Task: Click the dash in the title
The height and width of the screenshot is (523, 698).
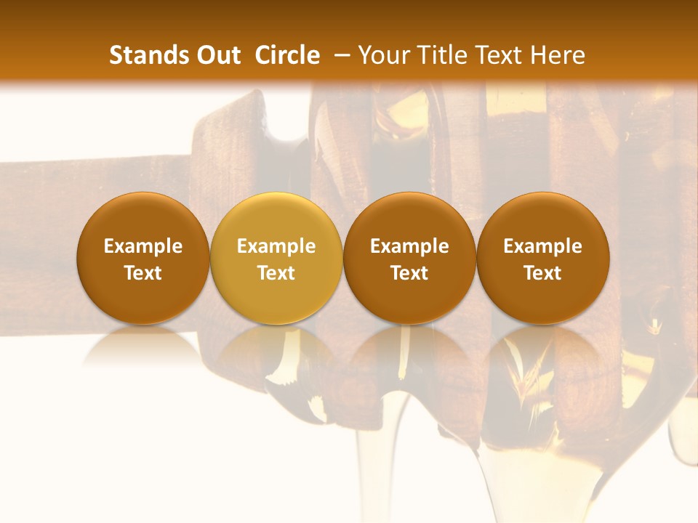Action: (x=339, y=56)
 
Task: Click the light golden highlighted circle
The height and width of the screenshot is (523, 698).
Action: (x=276, y=259)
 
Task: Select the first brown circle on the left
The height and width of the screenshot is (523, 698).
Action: (x=143, y=259)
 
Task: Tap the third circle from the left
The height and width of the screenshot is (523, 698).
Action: (x=409, y=259)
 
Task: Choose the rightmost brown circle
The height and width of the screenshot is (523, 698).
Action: (x=543, y=259)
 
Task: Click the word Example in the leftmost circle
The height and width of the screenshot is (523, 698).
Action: (x=143, y=246)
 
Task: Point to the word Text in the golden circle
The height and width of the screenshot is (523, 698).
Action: (x=276, y=273)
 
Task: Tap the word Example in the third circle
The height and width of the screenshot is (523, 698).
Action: (x=409, y=246)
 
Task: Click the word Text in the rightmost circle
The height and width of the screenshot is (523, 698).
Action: (x=543, y=273)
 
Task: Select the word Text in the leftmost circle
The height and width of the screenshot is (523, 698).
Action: (x=143, y=273)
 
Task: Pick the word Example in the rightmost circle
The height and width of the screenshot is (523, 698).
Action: (x=543, y=246)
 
